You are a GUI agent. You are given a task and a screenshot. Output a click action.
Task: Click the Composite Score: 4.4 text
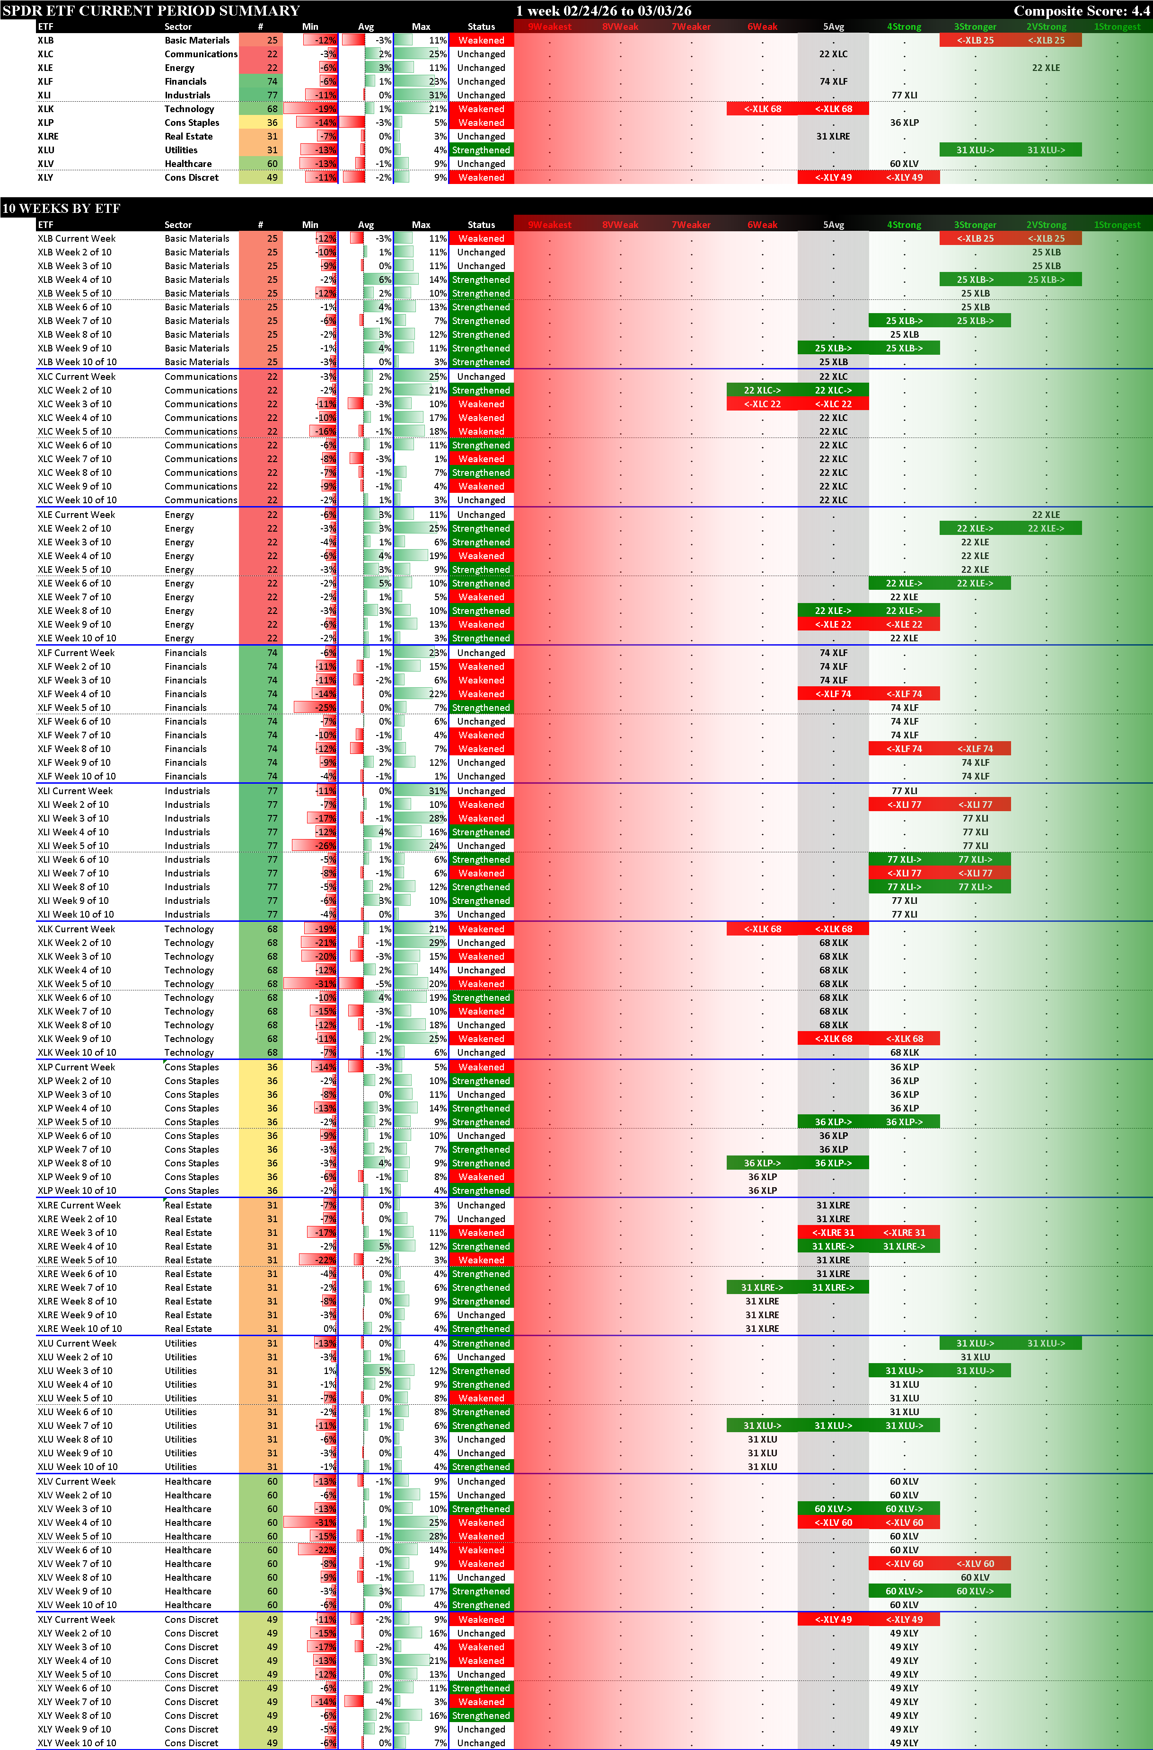pyautogui.click(x=1080, y=10)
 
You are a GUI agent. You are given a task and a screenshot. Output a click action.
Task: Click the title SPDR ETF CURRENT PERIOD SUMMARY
pyautogui.click(x=151, y=10)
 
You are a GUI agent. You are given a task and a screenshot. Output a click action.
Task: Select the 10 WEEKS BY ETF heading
pyautogui.click(x=61, y=208)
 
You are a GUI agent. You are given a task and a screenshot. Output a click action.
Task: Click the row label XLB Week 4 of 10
pyautogui.click(x=74, y=280)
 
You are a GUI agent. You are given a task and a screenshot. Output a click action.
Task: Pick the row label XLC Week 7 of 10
pyautogui.click(x=74, y=459)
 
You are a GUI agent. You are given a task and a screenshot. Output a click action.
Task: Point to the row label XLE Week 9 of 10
pyautogui.click(x=74, y=624)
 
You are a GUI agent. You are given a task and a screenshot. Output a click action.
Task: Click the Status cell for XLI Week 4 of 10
pyautogui.click(x=481, y=831)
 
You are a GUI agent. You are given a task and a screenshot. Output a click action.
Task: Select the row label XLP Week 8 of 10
pyautogui.click(x=74, y=1163)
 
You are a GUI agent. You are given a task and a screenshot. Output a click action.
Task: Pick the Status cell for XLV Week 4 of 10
pyautogui.click(x=481, y=1523)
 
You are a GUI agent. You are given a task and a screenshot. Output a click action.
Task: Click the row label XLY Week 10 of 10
pyautogui.click(x=77, y=1742)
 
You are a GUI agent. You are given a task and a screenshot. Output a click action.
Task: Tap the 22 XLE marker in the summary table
pyautogui.click(x=1046, y=68)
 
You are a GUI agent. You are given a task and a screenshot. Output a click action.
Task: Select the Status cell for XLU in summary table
pyautogui.click(x=481, y=150)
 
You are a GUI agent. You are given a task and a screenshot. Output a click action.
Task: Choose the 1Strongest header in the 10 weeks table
pyautogui.click(x=1116, y=225)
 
